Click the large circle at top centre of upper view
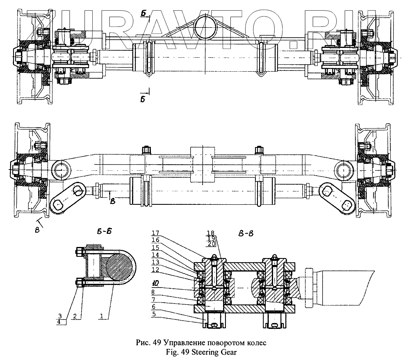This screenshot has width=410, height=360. (x=207, y=25)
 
